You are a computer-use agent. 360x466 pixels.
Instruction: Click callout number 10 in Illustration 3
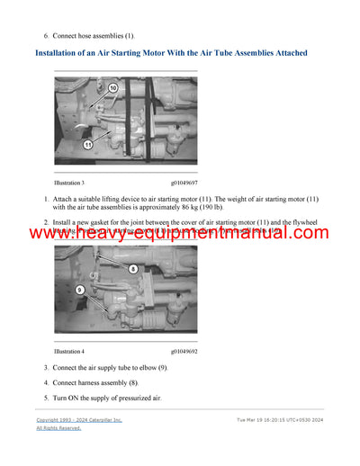point(112,88)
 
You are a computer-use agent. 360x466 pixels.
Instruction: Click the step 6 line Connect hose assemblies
point(91,35)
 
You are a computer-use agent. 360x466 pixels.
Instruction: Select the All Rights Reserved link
point(58,428)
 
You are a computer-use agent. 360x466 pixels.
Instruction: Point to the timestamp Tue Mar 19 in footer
point(278,420)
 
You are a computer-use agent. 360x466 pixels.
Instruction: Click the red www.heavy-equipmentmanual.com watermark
point(180,234)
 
